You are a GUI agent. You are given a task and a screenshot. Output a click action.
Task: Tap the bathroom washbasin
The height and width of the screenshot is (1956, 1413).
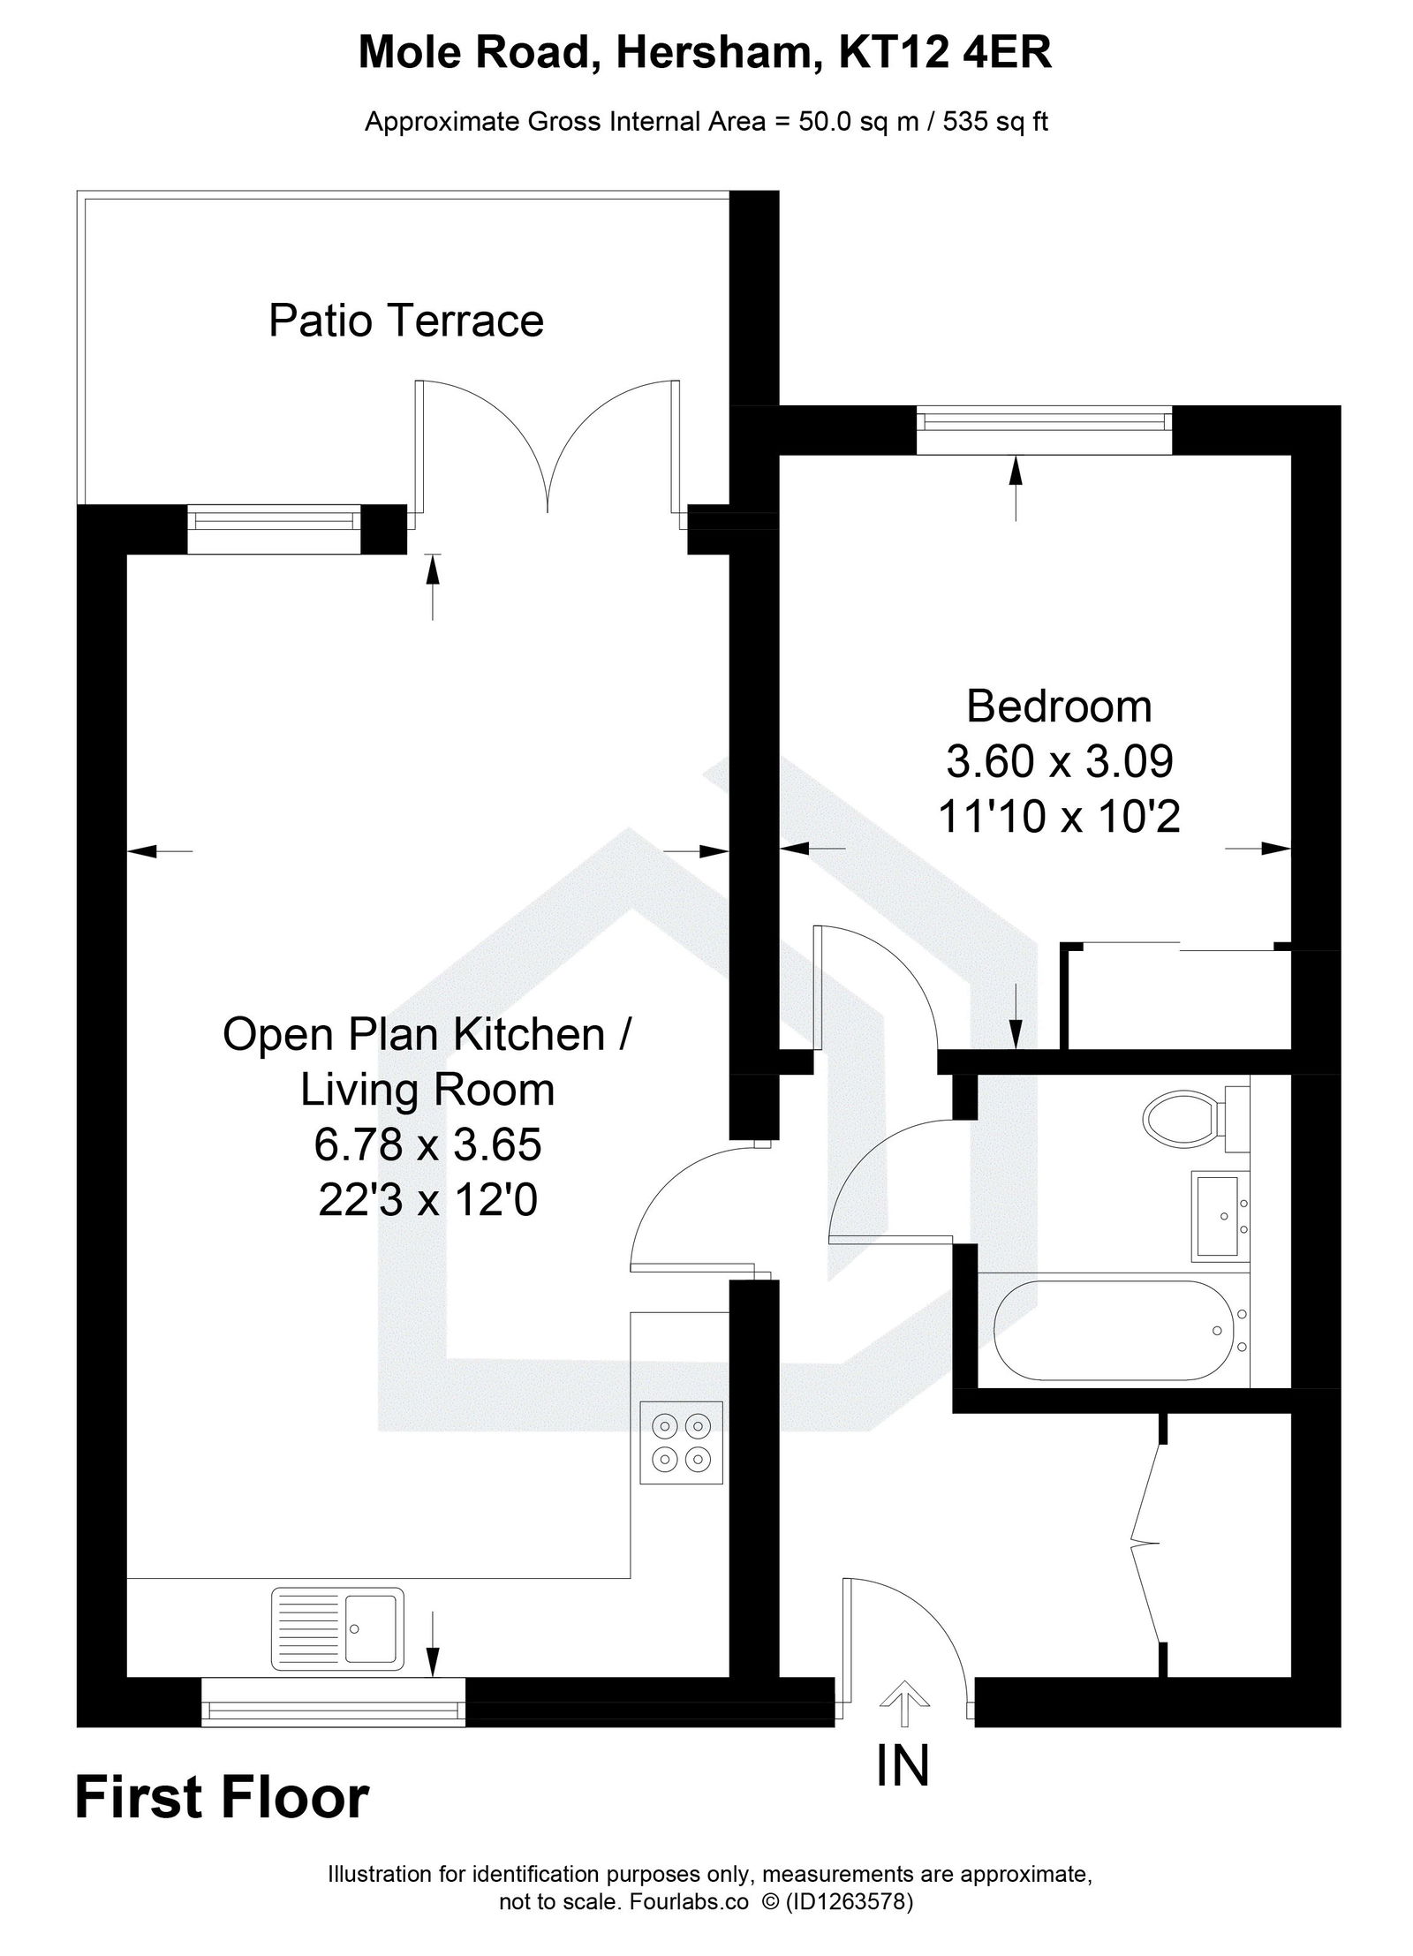1219,1216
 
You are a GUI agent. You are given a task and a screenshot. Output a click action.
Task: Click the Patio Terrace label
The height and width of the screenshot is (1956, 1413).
405,321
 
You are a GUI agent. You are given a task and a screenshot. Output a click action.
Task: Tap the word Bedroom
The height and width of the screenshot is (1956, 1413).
1059,706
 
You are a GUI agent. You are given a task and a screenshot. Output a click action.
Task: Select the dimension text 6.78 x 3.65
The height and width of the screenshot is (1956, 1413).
427,1145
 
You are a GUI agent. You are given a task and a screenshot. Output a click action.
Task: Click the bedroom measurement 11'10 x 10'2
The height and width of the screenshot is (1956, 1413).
1059,817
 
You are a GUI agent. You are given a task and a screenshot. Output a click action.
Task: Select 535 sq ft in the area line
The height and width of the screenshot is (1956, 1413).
995,121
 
